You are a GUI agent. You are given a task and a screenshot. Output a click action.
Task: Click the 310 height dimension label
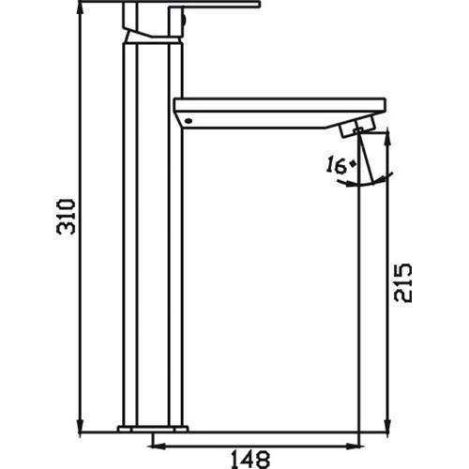coord(63,218)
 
